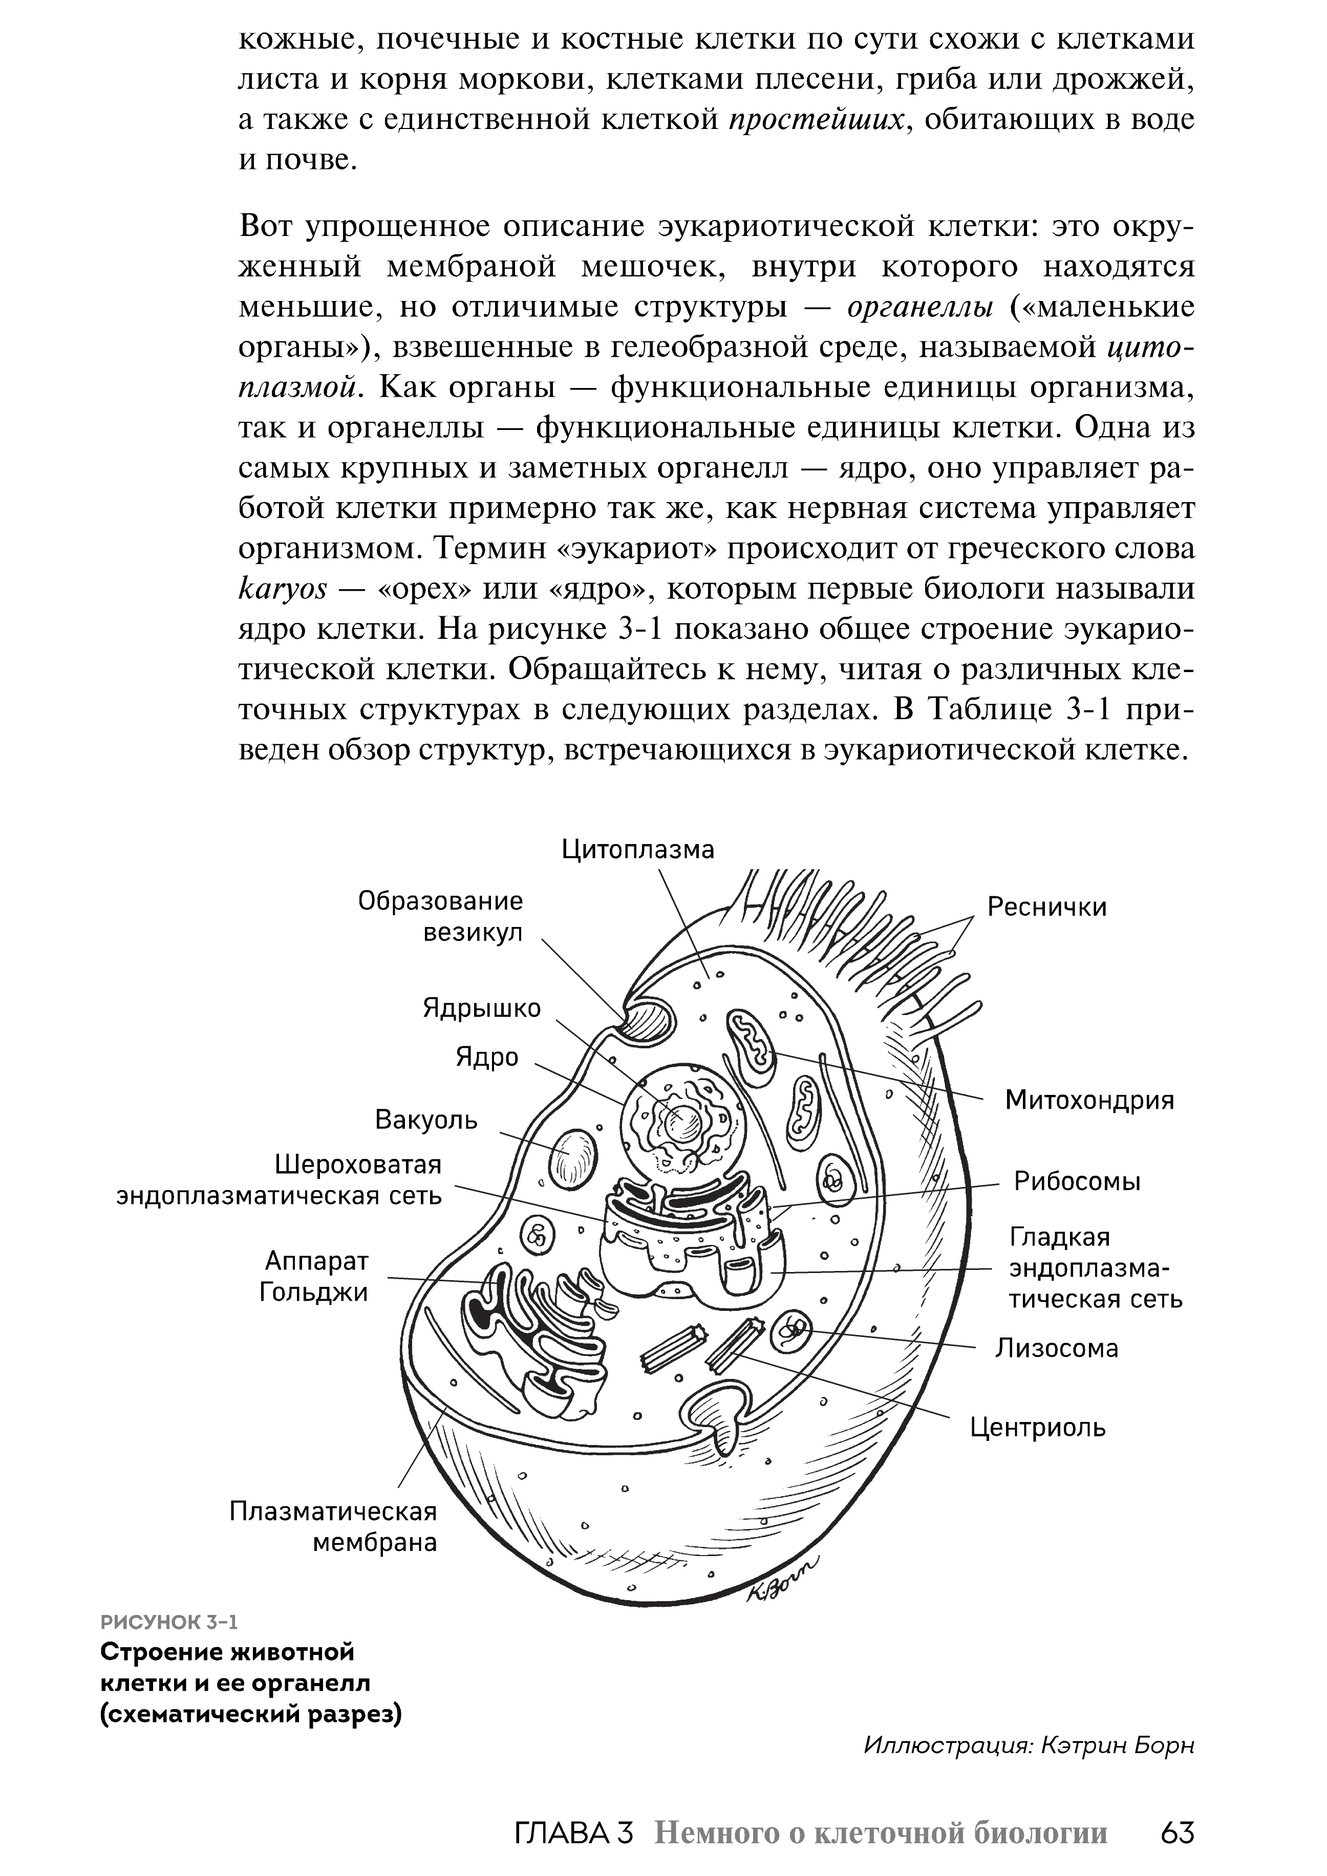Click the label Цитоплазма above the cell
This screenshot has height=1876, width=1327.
pos(637,850)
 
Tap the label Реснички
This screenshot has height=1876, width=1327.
pos(1047,908)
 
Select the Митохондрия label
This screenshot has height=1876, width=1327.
pos(1089,1101)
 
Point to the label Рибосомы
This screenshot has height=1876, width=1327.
pos(1077,1181)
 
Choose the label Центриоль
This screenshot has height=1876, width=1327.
pos(1038,1428)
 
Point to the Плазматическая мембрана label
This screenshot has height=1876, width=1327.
pos(333,1527)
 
